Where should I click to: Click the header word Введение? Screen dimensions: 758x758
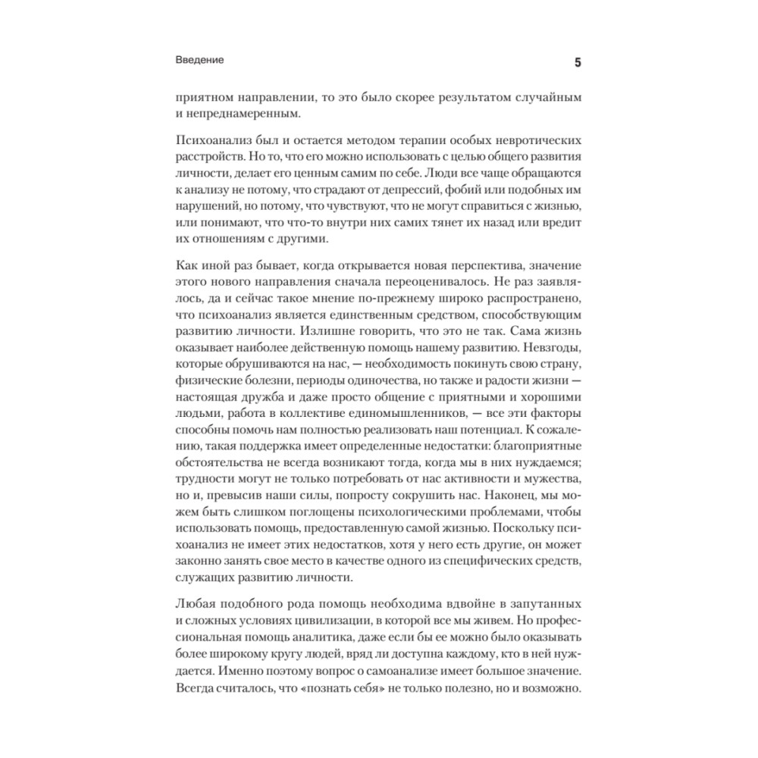[199, 61]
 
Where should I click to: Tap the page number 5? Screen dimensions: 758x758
[578, 62]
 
